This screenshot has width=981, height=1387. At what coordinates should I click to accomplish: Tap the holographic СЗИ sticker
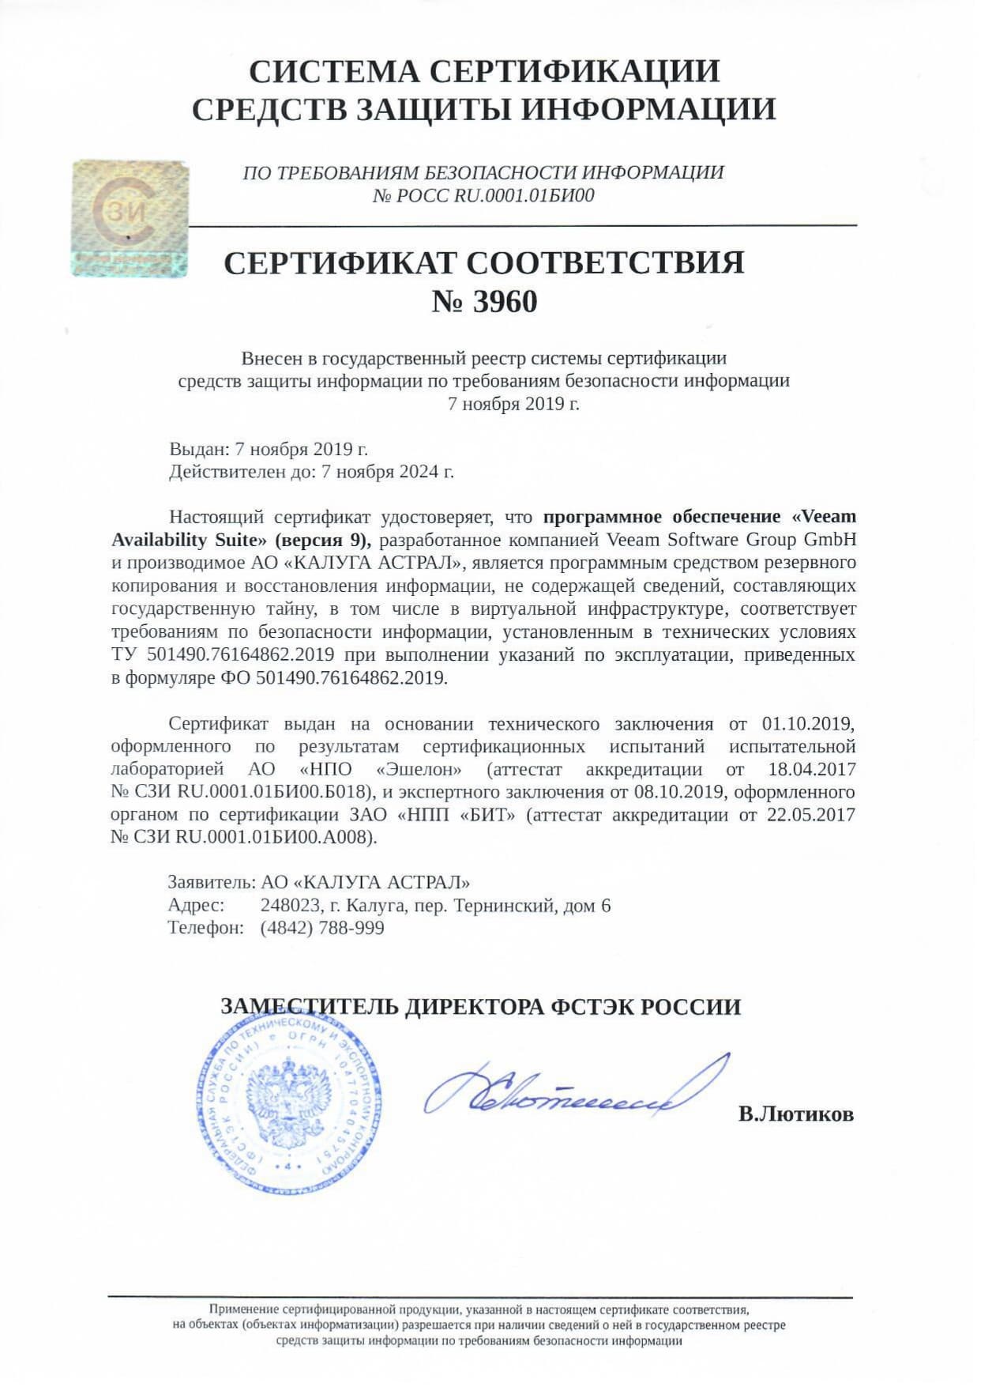click(130, 217)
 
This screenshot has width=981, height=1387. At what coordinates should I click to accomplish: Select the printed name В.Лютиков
click(795, 1114)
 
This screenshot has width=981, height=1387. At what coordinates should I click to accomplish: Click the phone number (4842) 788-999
click(322, 928)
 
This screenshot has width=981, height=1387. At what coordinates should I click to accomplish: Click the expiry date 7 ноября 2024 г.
click(386, 472)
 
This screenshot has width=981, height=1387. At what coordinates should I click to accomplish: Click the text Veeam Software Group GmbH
click(731, 540)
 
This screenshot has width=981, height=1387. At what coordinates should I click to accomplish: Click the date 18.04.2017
click(811, 769)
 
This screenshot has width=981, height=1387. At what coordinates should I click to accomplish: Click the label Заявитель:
click(211, 883)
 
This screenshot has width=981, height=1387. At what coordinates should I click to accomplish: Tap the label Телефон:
click(205, 928)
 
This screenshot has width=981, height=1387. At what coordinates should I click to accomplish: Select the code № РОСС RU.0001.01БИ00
click(483, 195)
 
